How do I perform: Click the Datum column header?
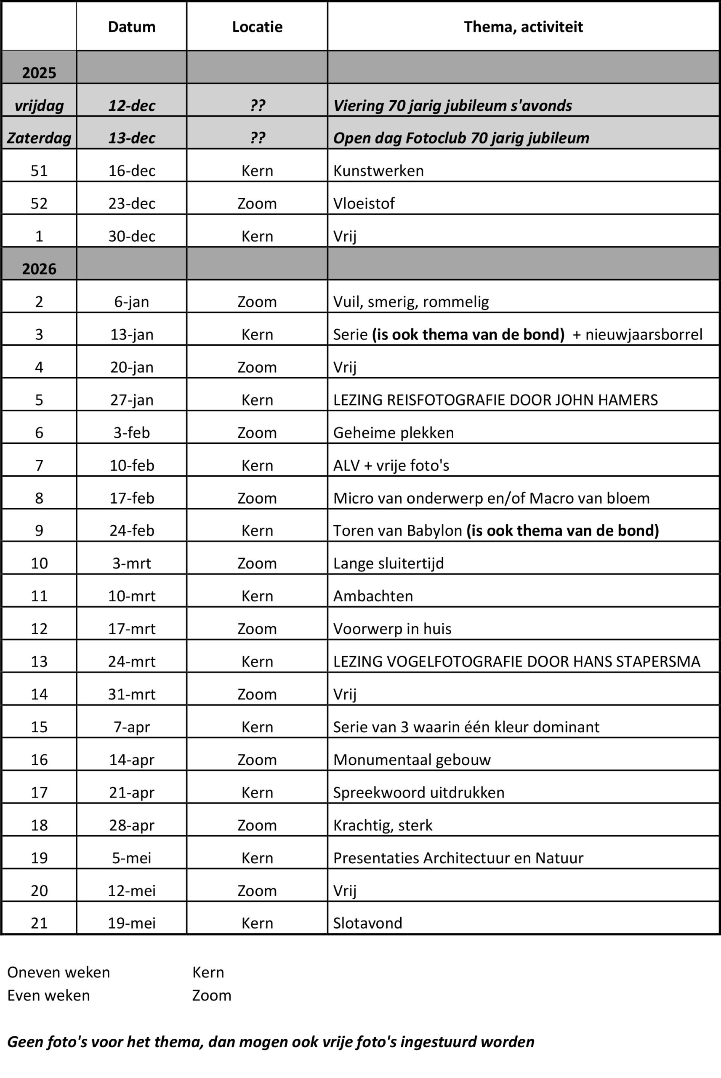pyautogui.click(x=131, y=27)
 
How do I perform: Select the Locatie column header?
pyautogui.click(x=257, y=27)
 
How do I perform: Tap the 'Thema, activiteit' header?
pyautogui.click(x=523, y=27)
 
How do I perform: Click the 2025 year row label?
pyautogui.click(x=39, y=73)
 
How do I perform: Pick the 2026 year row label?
pyautogui.click(x=39, y=269)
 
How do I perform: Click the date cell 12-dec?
pyautogui.click(x=131, y=105)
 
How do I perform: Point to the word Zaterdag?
pyautogui.click(x=39, y=138)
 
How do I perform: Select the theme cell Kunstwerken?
pyautogui.click(x=378, y=171)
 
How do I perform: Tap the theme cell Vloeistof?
pyautogui.click(x=364, y=203)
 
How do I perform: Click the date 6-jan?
pyautogui.click(x=131, y=302)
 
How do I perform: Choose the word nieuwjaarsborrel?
pyautogui.click(x=643, y=334)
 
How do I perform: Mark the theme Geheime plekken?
pyautogui.click(x=393, y=432)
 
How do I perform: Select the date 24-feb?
pyautogui.click(x=131, y=530)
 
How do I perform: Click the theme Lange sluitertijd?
pyautogui.click(x=388, y=563)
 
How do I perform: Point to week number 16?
pyautogui.click(x=39, y=759)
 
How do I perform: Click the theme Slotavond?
pyautogui.click(x=367, y=923)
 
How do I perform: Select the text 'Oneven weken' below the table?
pyautogui.click(x=59, y=972)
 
